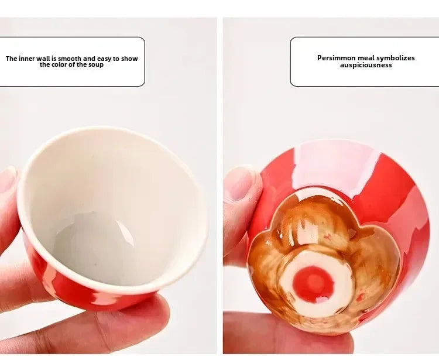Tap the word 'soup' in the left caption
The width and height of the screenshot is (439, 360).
click(x=95, y=64)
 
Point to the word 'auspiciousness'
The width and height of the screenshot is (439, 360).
click(x=366, y=65)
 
